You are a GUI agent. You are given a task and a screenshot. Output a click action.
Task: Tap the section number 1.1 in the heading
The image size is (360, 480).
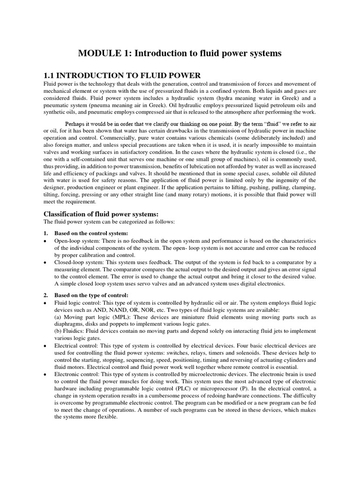tap(49, 75)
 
